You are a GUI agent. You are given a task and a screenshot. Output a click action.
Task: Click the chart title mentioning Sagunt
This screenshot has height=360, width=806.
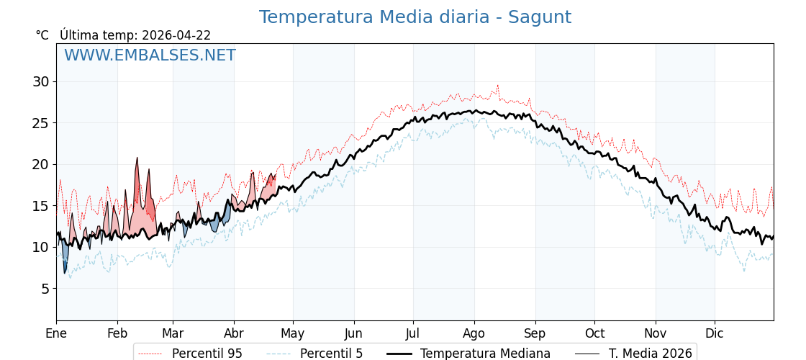[x=415, y=17]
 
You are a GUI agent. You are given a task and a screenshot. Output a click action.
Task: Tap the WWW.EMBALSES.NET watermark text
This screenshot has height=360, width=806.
[x=150, y=55]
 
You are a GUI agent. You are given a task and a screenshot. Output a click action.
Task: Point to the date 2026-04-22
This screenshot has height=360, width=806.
[x=176, y=35]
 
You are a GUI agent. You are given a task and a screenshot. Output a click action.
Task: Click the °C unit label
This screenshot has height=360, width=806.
[x=42, y=35]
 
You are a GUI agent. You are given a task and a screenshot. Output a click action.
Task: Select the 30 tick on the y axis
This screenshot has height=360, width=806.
[x=40, y=81]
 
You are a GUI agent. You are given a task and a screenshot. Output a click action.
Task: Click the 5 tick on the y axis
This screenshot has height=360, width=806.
[x=44, y=289]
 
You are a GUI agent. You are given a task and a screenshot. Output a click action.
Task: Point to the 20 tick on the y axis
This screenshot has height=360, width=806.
[x=40, y=164]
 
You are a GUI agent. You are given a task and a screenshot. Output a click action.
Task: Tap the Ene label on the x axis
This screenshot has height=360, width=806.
[x=56, y=333]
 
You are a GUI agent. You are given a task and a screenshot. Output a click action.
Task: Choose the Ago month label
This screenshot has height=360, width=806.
[x=474, y=333]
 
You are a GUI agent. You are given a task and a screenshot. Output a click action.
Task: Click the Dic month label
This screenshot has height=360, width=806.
[x=715, y=333]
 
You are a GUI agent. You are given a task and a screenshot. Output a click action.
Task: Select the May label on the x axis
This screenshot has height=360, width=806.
[x=293, y=333]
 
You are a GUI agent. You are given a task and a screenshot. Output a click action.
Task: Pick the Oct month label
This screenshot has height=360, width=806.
[x=594, y=333]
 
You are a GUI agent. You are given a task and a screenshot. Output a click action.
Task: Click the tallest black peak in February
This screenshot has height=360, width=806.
[x=137, y=158]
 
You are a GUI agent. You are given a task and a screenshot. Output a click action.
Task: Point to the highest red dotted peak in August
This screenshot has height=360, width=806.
[x=497, y=86]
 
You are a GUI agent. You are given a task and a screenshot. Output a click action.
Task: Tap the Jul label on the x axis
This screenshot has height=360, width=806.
[x=413, y=333]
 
